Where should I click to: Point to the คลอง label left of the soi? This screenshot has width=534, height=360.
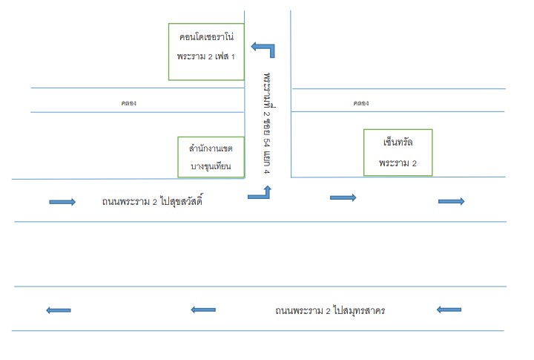129,103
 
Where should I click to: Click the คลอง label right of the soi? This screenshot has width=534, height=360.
360,103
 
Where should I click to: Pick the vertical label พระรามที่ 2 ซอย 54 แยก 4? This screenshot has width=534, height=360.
267,123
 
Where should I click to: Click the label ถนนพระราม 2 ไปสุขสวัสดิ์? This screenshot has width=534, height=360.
152,200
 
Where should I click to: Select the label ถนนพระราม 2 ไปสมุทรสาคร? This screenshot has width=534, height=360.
330,310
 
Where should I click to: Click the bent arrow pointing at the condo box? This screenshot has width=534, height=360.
271,47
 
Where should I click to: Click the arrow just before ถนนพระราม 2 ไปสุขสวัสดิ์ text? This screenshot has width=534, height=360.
62,202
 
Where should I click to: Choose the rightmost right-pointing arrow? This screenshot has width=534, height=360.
451,201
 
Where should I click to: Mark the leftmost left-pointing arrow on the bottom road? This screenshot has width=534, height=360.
59,310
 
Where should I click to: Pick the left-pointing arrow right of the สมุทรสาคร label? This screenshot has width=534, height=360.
449,310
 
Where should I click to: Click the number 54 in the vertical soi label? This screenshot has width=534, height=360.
267,142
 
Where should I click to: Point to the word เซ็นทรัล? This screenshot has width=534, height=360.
398,142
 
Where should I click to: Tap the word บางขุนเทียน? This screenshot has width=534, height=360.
211,166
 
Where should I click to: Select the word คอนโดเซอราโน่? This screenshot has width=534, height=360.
206,36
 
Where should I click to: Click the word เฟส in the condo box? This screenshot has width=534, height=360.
222,56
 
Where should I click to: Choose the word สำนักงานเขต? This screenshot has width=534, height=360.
211,148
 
